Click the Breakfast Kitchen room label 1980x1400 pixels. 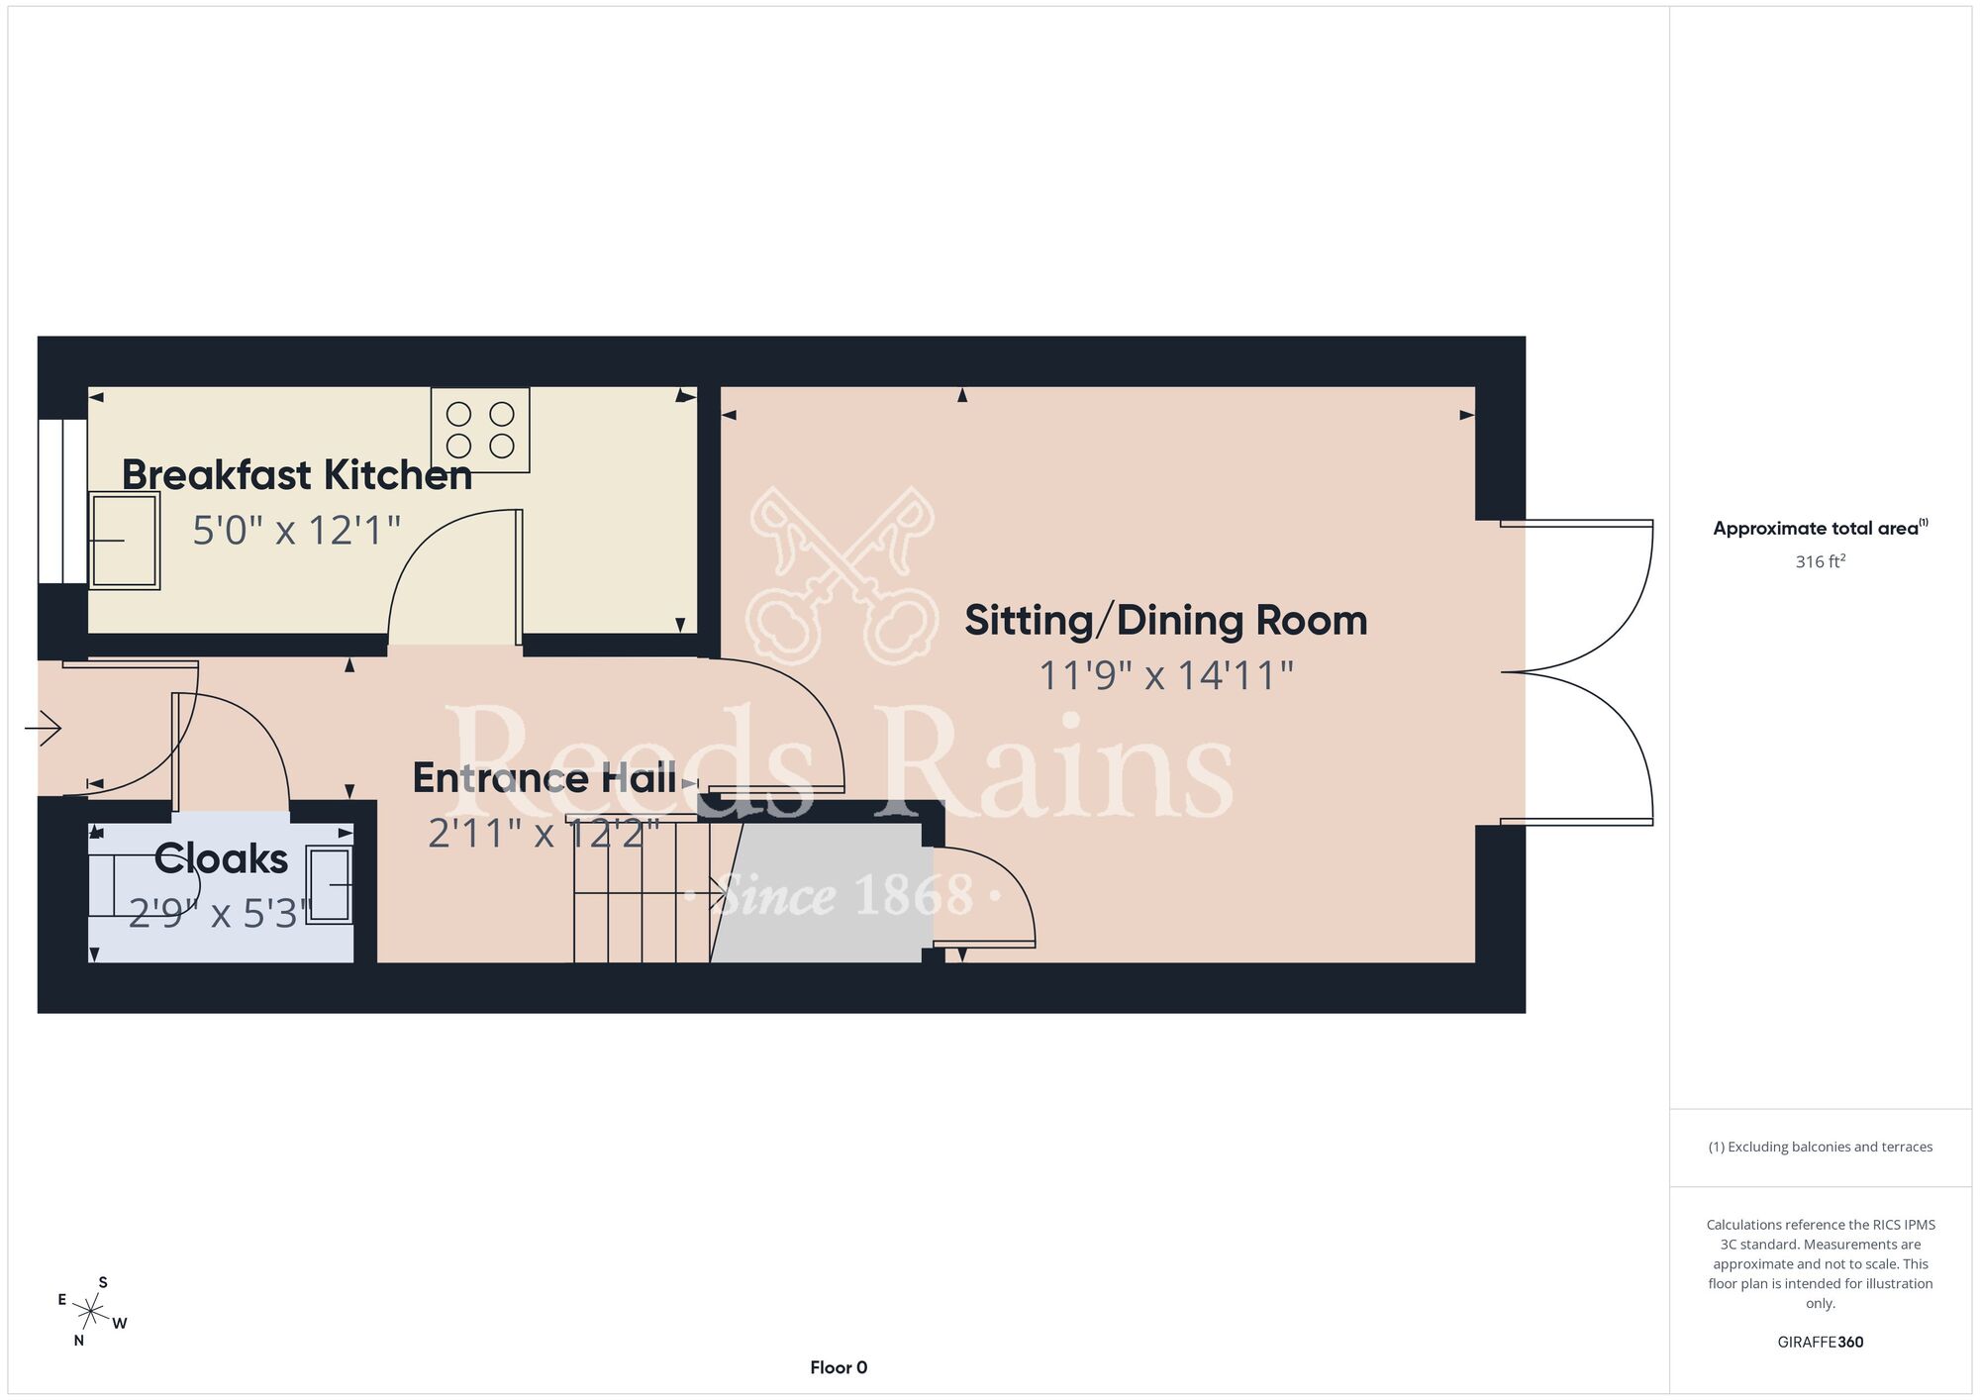click(297, 475)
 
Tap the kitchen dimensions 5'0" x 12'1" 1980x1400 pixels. click(296, 531)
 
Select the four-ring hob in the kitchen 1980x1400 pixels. click(480, 430)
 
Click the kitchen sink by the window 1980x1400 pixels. click(124, 541)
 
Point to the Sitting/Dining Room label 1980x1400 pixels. click(1166, 621)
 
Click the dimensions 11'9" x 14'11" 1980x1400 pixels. click(1166, 676)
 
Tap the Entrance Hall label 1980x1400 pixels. click(544, 778)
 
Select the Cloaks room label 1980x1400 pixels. click(221, 858)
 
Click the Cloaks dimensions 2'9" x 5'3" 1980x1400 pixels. click(221, 913)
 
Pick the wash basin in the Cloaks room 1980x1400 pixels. click(329, 885)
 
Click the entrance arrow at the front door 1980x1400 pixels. click(43, 730)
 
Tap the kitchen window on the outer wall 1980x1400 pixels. click(63, 501)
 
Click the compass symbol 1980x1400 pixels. click(91, 1313)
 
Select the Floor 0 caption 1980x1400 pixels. click(839, 1367)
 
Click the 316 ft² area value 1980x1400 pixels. click(1821, 561)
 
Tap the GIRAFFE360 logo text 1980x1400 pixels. click(1821, 1343)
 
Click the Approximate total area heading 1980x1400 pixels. click(1821, 528)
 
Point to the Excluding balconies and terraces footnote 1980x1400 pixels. click(1821, 1147)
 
